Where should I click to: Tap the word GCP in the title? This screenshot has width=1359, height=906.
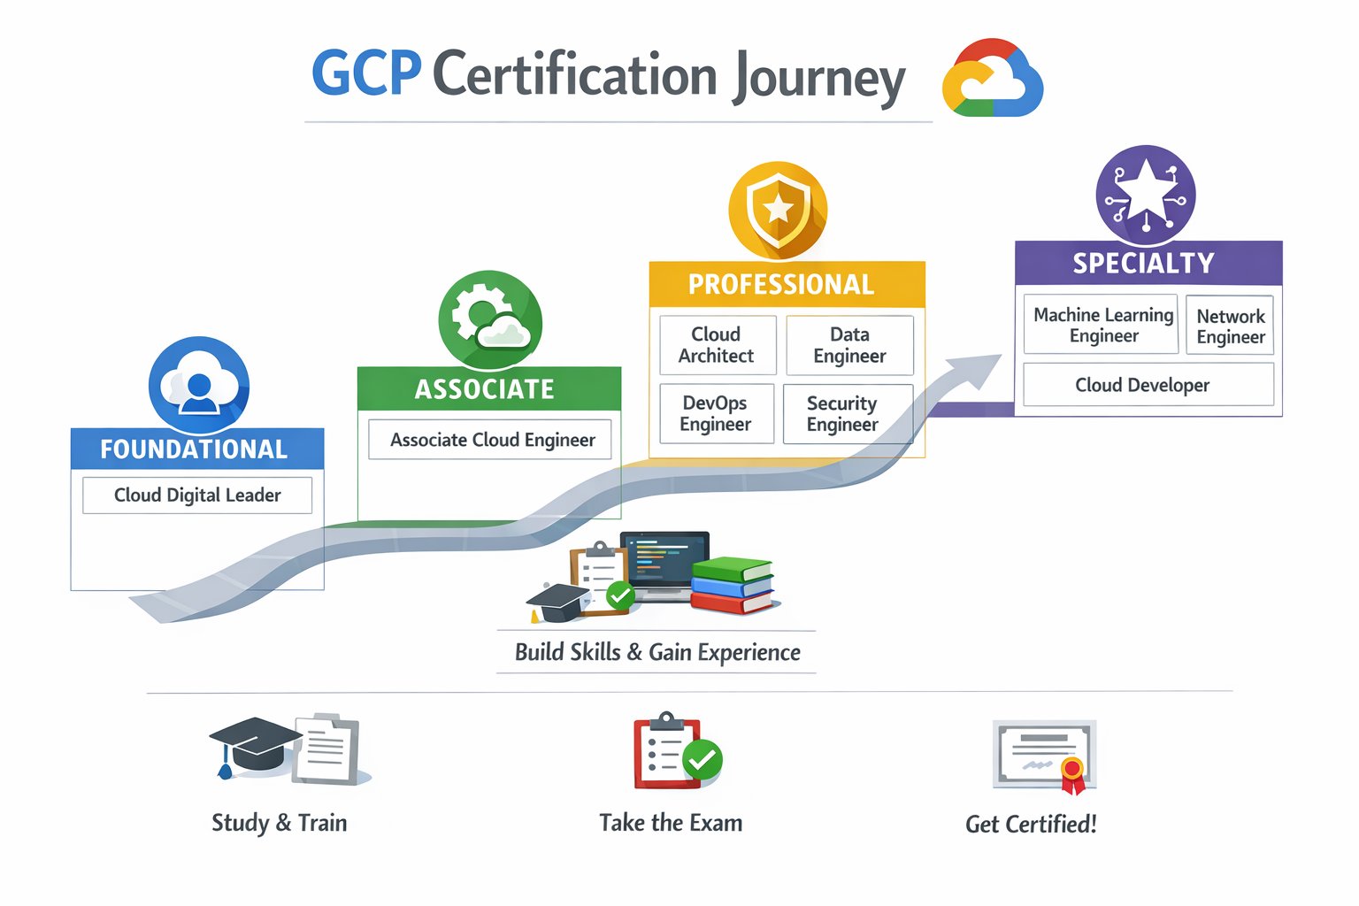click(366, 73)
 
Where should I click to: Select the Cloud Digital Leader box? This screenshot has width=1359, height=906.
click(197, 495)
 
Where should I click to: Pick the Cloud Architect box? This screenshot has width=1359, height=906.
click(718, 345)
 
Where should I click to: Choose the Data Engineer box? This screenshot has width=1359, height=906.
click(849, 345)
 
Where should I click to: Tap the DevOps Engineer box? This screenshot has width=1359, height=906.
click(717, 413)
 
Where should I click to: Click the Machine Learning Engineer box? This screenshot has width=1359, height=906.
click(1102, 325)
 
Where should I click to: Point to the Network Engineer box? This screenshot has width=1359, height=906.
click(1230, 326)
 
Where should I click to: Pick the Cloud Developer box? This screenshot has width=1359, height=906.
click(1148, 385)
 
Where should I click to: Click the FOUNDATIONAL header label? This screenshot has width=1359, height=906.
click(195, 449)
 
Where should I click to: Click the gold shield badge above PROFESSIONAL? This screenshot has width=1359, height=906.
click(778, 211)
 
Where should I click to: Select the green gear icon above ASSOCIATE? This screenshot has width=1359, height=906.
click(489, 319)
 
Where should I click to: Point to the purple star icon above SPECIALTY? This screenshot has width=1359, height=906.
click(1146, 195)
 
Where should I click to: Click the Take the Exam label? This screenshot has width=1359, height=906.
click(671, 823)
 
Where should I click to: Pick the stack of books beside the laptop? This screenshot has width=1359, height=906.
click(732, 585)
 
